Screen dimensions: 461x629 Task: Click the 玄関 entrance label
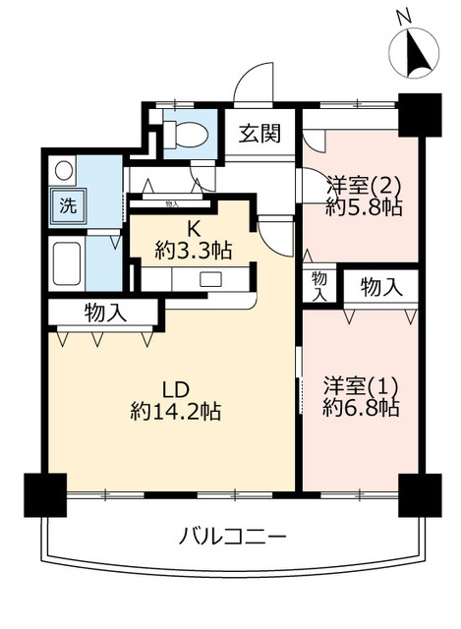tap(259, 134)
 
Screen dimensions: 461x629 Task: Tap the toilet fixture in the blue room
tap(186, 134)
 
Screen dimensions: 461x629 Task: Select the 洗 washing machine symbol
tap(68, 205)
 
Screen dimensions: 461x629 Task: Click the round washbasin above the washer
tap(63, 171)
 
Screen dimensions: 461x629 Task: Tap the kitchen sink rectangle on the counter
tap(211, 279)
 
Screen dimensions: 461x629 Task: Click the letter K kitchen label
tap(194, 230)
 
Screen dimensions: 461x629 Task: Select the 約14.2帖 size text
tap(175, 411)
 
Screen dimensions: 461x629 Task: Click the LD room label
tap(175, 389)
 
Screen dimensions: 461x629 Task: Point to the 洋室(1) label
tap(361, 386)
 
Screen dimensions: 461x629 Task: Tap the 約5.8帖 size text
tap(364, 207)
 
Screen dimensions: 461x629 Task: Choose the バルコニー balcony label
tap(232, 536)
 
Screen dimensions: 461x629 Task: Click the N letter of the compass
tap(404, 18)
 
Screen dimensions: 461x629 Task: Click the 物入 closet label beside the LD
tap(105, 313)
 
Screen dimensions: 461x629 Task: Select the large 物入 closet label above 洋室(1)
tap(380, 287)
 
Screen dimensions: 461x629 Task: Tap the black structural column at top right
tap(420, 115)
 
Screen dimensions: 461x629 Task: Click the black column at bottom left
tap(45, 495)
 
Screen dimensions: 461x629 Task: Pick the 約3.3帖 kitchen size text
tap(194, 252)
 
